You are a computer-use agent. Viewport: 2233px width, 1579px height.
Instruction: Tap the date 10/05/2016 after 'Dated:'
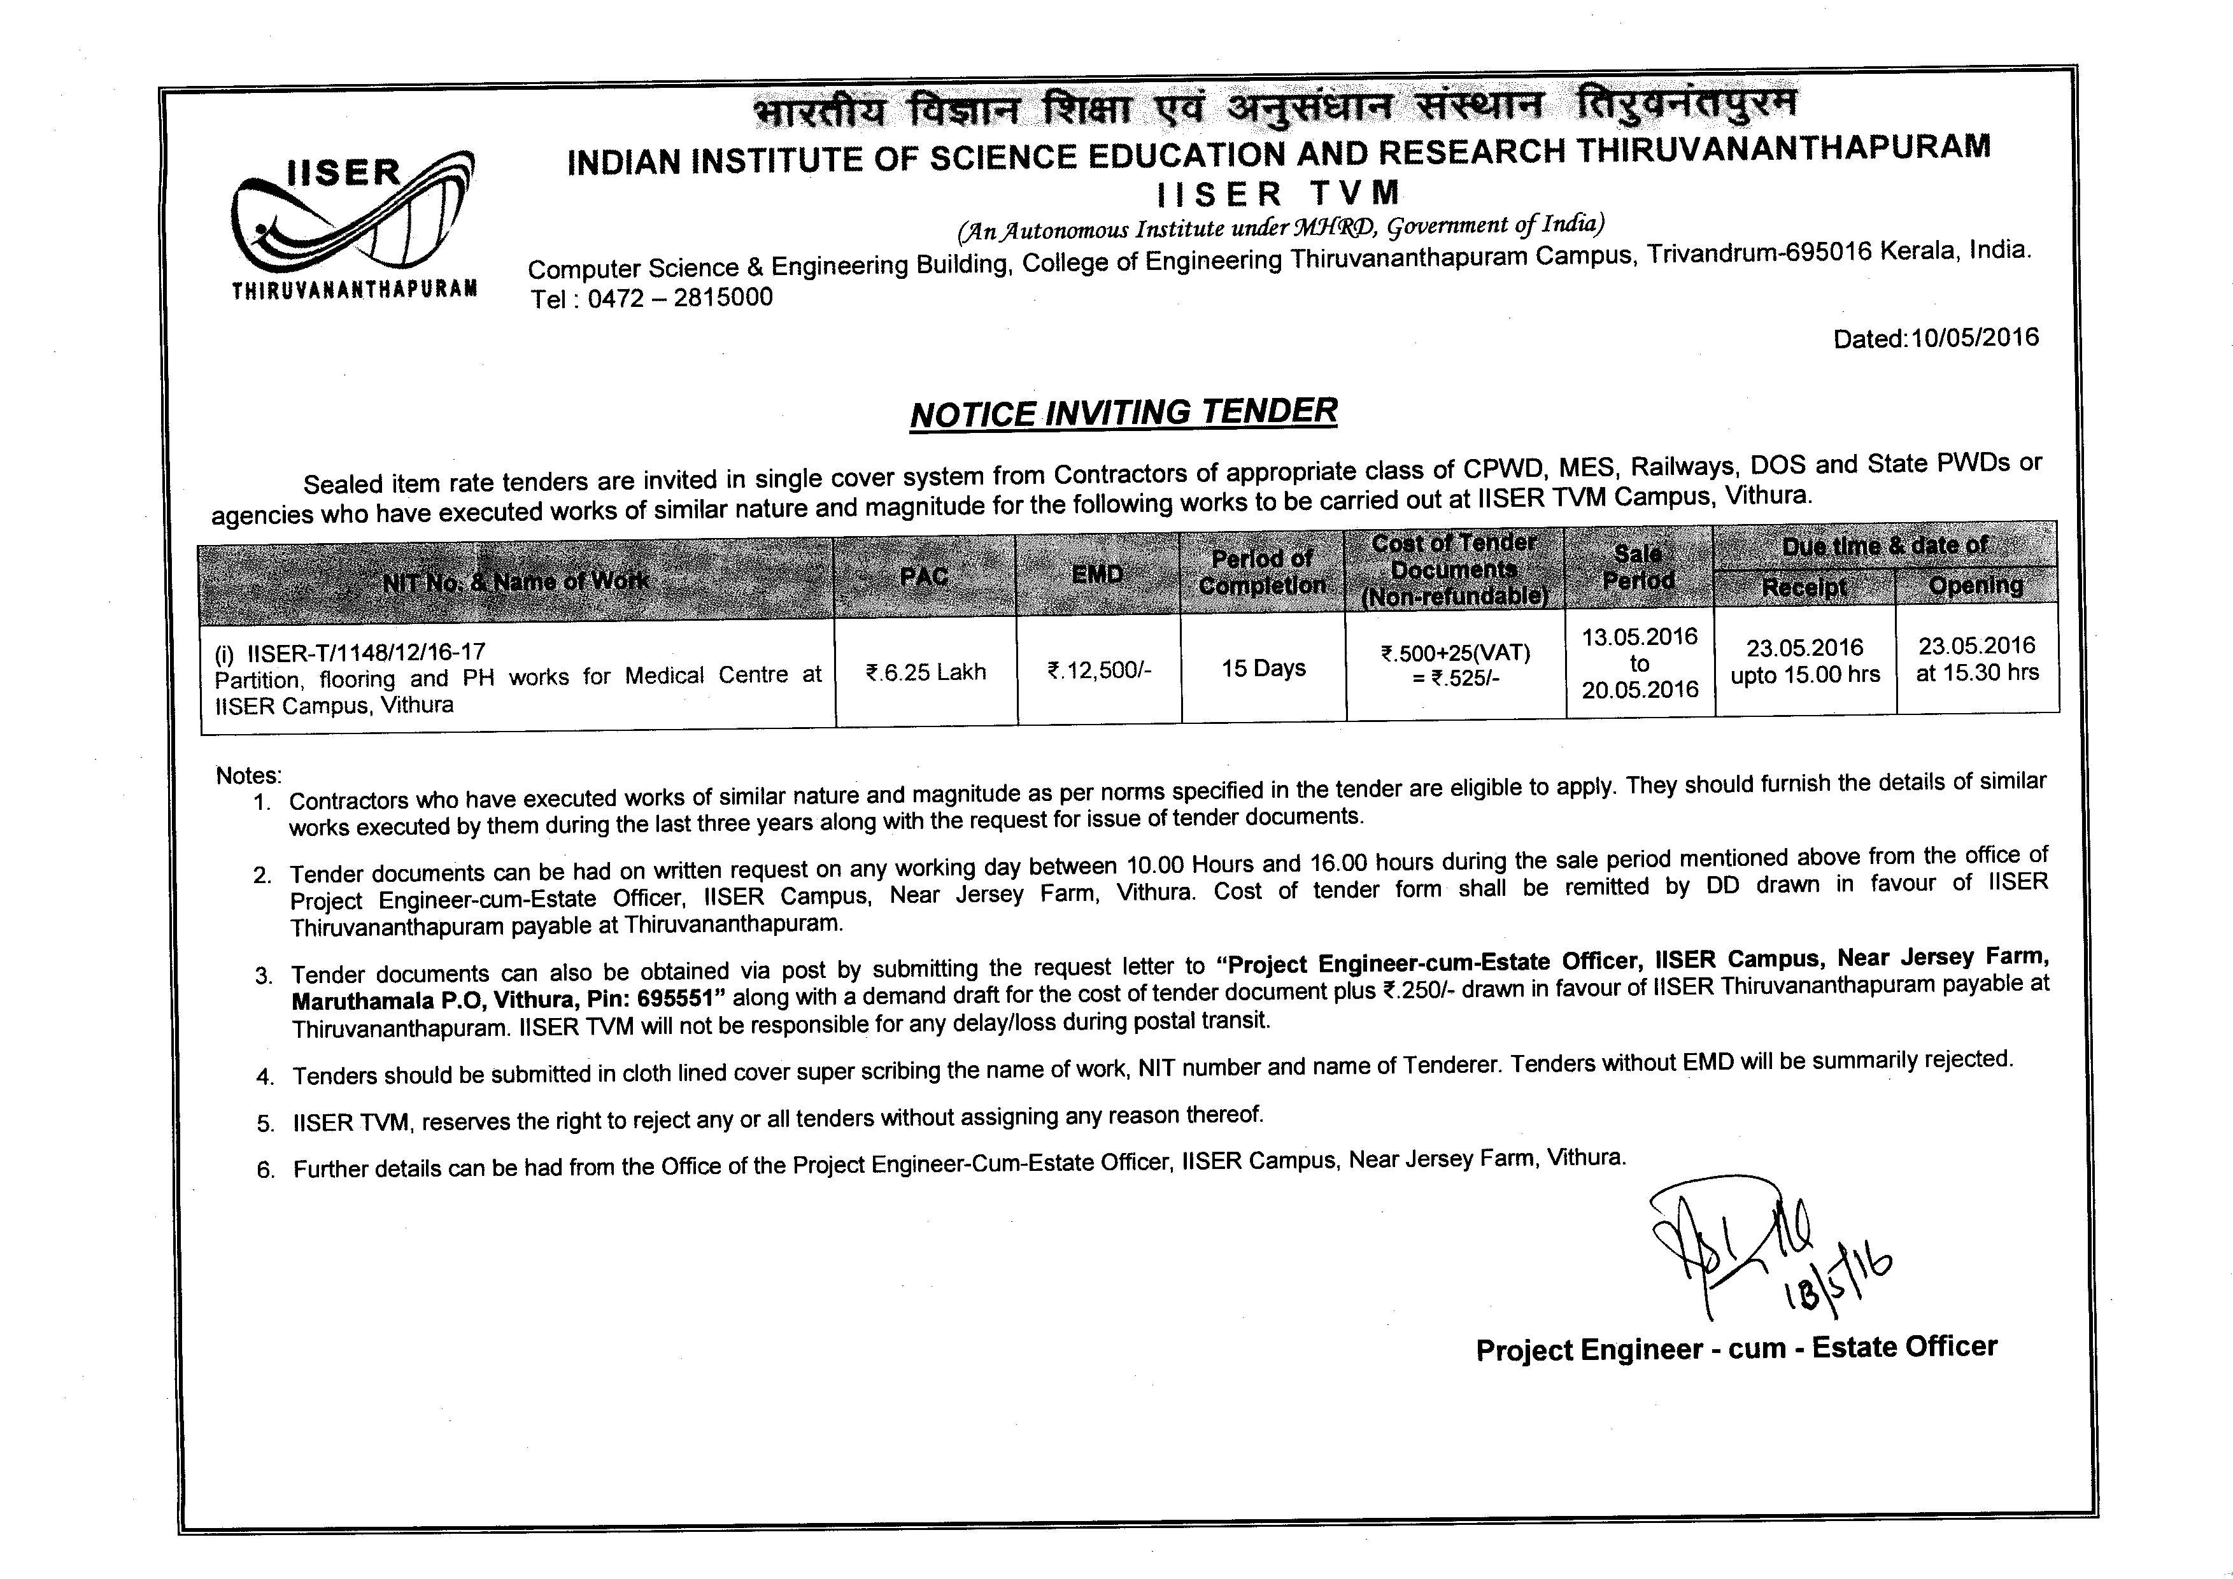pos(1974,337)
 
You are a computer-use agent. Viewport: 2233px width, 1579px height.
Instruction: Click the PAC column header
pos(924,577)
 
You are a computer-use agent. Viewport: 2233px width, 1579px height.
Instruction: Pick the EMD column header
pos(1097,575)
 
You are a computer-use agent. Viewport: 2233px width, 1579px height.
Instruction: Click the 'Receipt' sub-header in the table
pos(1804,586)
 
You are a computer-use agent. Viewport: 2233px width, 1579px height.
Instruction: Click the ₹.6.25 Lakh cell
pos(925,672)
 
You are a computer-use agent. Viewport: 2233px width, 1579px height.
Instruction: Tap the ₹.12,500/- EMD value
pos(1099,670)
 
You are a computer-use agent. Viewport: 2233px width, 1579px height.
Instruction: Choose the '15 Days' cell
pos(1263,668)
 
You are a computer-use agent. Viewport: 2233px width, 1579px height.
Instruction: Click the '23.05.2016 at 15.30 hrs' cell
pos(1976,658)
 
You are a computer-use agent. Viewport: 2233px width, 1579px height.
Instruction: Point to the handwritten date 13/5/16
pos(1838,1278)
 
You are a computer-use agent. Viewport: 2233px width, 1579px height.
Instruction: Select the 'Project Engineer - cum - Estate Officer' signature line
pos(1736,1349)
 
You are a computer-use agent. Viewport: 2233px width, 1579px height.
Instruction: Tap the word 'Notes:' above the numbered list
pos(248,775)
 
